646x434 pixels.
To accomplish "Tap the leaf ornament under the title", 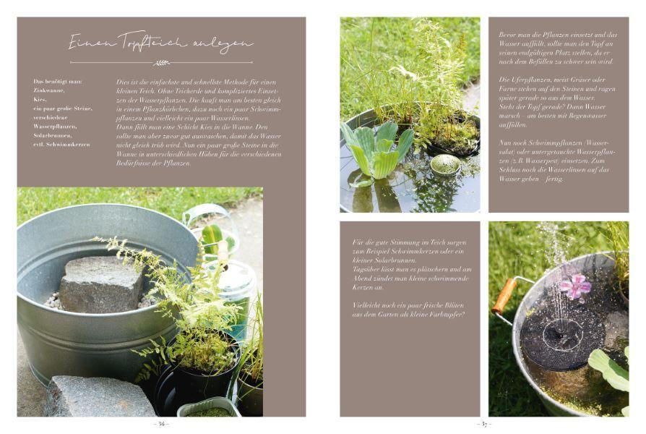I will [161, 62].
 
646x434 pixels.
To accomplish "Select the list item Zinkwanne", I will [50, 90].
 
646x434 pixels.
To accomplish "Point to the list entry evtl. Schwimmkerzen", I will [63, 145].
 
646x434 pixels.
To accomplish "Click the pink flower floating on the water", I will [574, 286].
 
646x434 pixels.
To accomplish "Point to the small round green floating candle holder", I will [444, 165].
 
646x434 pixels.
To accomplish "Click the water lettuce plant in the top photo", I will [377, 148].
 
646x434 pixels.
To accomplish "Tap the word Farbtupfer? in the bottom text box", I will [447, 313].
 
